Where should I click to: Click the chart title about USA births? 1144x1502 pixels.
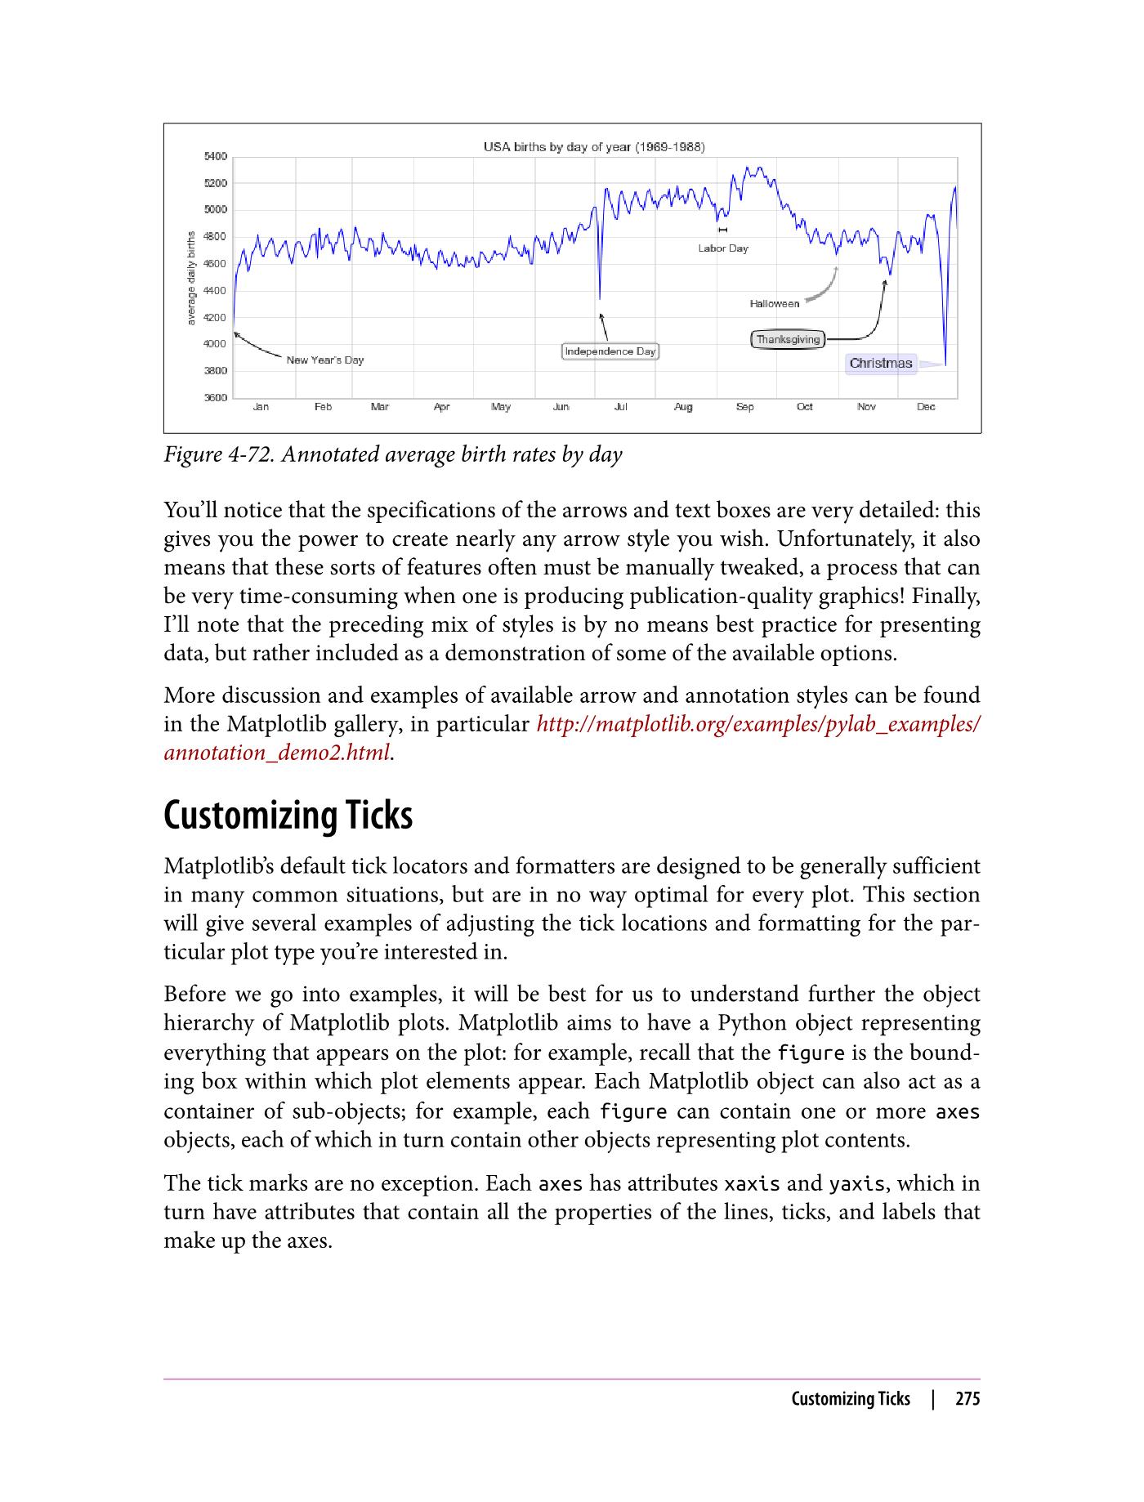[x=594, y=147]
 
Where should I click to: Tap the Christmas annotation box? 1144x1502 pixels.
[x=880, y=364]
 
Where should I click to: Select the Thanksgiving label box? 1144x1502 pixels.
[x=788, y=339]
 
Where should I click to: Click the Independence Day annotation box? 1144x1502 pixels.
[x=610, y=351]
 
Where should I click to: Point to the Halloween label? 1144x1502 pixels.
[x=774, y=304]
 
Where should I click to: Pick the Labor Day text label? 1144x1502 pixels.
[x=722, y=248]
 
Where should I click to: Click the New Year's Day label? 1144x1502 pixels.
[x=324, y=360]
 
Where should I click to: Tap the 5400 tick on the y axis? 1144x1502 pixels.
[x=215, y=156]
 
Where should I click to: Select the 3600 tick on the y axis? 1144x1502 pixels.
[x=215, y=398]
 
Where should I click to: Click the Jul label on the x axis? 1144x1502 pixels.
[x=620, y=407]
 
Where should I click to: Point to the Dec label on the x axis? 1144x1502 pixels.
[x=925, y=407]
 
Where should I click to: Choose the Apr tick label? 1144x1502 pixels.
[x=441, y=407]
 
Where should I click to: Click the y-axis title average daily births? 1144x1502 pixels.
[x=191, y=278]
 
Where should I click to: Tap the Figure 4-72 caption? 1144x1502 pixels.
[x=392, y=455]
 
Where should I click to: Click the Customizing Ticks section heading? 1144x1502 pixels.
[x=288, y=816]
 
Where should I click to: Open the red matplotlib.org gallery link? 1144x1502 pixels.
[x=757, y=725]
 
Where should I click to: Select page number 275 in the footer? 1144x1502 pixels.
[x=967, y=1399]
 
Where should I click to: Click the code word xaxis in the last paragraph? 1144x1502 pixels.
[x=752, y=1184]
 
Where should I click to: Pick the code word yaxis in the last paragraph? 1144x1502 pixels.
[x=856, y=1184]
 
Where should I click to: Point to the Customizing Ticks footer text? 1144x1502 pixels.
[x=850, y=1399]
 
